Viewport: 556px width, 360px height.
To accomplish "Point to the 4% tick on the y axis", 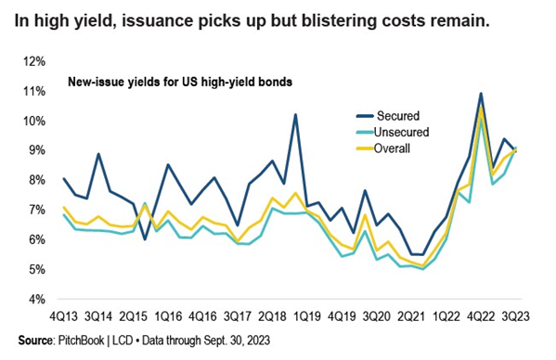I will tap(33, 300).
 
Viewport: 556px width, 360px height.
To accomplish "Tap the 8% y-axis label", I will tap(33, 180).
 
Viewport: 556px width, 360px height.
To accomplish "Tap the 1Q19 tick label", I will tap(312, 315).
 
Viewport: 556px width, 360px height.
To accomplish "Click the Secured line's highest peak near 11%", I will tap(480, 94).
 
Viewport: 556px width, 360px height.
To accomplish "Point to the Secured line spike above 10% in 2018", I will tap(295, 115).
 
